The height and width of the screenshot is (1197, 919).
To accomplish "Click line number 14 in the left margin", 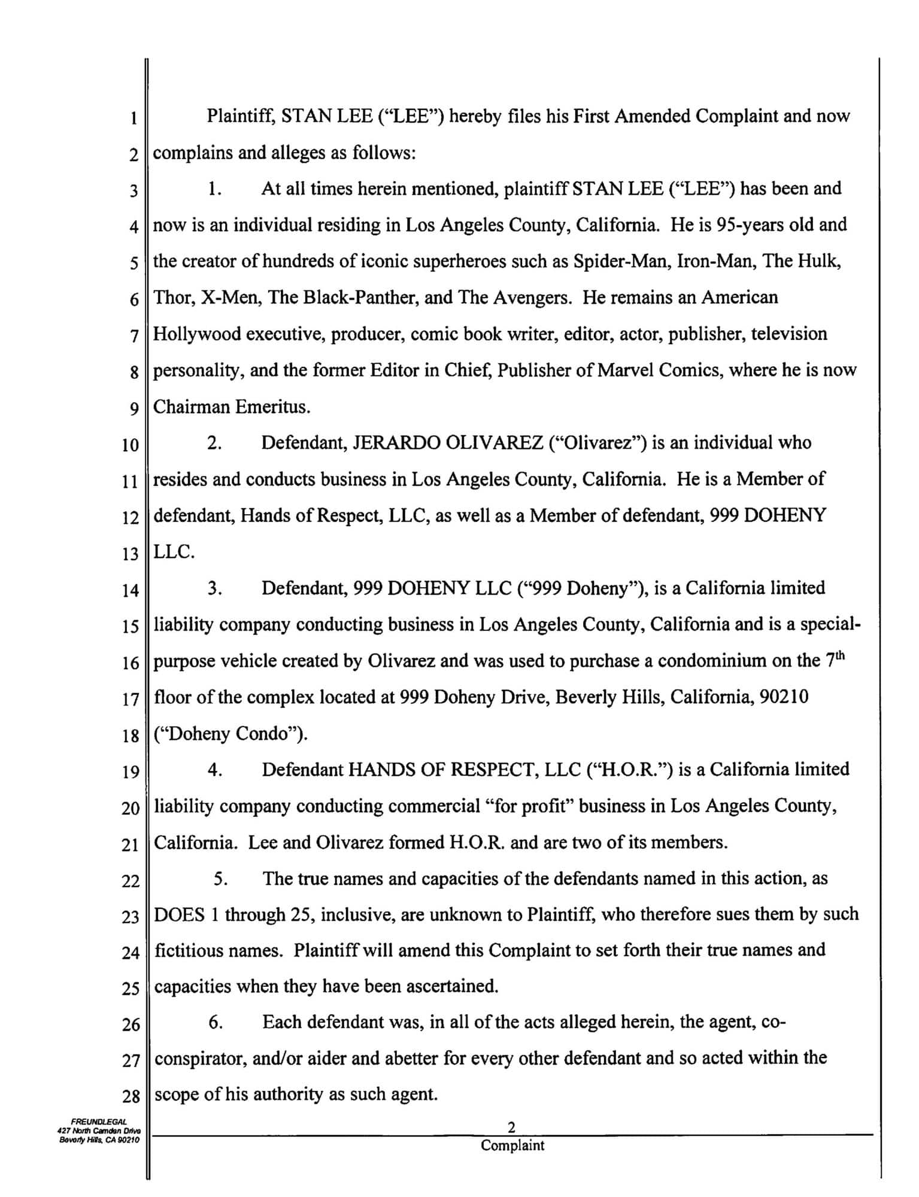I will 130,591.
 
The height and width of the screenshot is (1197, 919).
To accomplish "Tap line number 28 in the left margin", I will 130,1097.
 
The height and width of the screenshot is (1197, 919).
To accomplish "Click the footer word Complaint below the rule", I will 512,1146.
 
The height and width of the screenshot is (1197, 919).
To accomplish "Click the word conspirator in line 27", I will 201,1059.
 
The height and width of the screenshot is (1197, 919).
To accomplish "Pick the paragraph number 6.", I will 216,1022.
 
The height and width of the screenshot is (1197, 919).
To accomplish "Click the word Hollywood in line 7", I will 197,334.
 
